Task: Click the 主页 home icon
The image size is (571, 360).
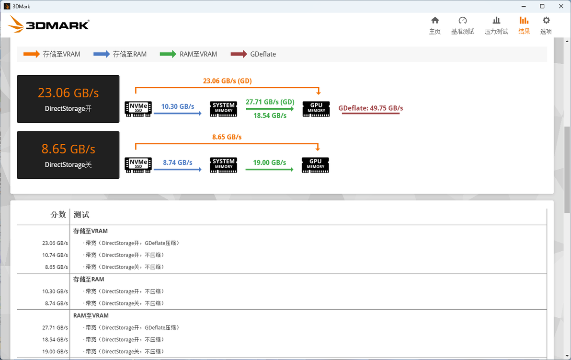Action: click(435, 21)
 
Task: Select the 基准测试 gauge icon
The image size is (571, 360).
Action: click(462, 21)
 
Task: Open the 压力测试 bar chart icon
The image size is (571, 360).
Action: click(496, 21)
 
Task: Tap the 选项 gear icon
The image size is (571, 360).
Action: click(546, 21)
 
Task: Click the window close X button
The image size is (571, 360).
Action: click(561, 6)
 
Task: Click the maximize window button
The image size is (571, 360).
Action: click(542, 6)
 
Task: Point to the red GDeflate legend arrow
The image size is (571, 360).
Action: click(239, 54)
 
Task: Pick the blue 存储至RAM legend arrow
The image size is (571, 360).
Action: click(102, 54)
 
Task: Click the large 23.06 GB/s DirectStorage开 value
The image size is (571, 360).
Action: click(68, 93)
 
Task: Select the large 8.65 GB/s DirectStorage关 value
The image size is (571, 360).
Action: click(68, 149)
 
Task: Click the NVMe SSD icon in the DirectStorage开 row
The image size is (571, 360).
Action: click(138, 109)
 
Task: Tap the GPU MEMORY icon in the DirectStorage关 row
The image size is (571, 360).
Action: click(315, 165)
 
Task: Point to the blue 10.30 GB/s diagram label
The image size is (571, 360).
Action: click(178, 106)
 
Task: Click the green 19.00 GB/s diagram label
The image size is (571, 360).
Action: click(270, 163)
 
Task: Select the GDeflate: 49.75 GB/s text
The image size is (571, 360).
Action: click(371, 108)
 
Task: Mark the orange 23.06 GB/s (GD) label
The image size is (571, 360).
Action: click(227, 81)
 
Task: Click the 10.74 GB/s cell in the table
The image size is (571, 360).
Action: click(55, 255)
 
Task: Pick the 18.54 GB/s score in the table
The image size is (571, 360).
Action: click(55, 339)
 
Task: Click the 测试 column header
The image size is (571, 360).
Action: click(81, 215)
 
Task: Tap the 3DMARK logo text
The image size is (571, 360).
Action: click(57, 25)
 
